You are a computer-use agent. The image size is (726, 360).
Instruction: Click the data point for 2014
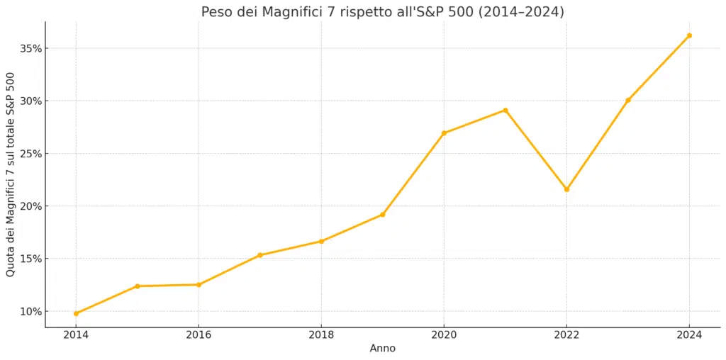76,313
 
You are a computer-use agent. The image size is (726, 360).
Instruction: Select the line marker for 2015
138,286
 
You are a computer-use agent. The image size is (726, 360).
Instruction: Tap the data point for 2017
260,255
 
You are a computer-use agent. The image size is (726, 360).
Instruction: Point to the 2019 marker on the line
383,214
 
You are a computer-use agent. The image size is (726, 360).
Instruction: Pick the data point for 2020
444,133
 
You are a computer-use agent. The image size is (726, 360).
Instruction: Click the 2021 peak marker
506,110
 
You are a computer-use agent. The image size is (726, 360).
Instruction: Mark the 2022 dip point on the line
566,189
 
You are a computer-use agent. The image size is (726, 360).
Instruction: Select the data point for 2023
628,100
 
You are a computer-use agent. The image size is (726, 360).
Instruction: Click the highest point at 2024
689,35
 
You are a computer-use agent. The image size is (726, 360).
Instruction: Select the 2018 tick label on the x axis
321,334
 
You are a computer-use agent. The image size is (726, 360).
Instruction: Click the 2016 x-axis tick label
199,334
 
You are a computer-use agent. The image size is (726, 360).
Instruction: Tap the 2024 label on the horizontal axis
689,334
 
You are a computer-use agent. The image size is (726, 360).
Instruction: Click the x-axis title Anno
383,349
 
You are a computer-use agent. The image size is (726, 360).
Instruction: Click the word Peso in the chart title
216,12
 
